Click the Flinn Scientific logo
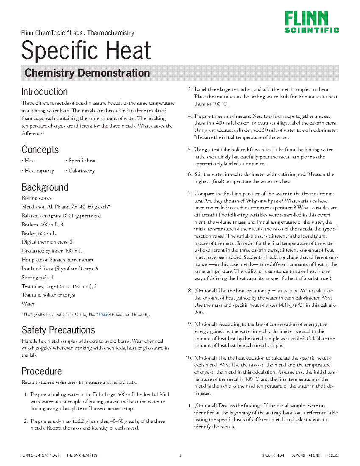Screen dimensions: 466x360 (x=311, y=22)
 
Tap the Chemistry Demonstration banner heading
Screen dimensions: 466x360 (x=87, y=73)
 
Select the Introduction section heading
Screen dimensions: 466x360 (x=44, y=92)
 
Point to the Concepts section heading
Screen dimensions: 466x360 (x=40, y=150)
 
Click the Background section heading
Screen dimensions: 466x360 (x=44, y=187)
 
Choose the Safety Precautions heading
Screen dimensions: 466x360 (x=58, y=330)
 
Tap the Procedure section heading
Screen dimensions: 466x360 (x=42, y=371)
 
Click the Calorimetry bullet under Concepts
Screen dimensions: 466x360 (x=81, y=171)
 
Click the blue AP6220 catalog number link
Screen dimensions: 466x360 (x=103, y=314)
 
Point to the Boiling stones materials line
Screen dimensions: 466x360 (x=36, y=198)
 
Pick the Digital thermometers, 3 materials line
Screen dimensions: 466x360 (x=47, y=242)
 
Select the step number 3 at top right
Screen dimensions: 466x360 (x=190, y=90)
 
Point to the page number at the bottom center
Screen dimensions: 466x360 (x=180, y=455)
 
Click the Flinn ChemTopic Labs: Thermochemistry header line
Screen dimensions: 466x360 (x=78, y=33)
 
